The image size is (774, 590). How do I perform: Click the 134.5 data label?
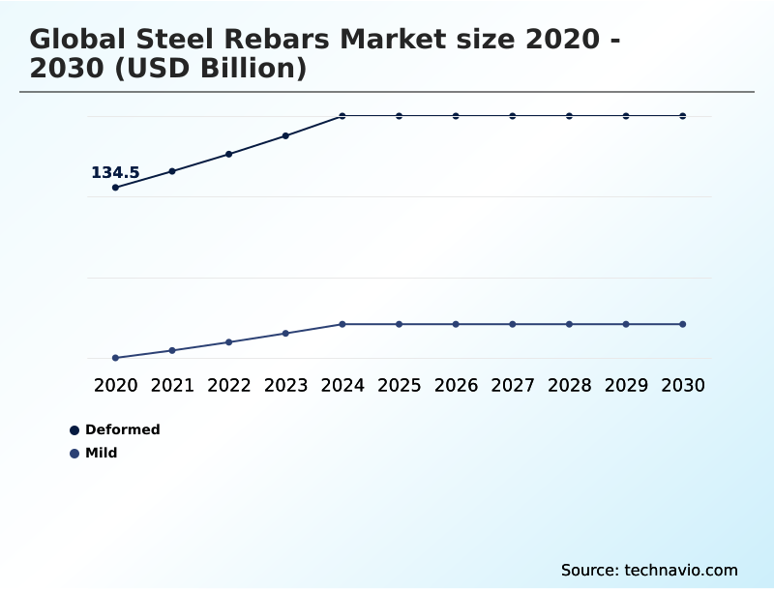115,173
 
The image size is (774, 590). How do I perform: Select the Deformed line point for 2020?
116,188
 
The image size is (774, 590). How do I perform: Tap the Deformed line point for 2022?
229,154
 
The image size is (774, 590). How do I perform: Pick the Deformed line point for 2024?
342,116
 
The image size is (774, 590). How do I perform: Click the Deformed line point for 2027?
513,116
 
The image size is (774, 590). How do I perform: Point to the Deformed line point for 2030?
683,116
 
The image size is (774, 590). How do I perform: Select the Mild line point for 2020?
116,358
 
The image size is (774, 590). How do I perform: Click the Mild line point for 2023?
285,334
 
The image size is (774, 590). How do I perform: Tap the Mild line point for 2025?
399,324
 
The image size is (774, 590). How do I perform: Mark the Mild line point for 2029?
626,324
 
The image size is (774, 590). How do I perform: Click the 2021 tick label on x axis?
172,385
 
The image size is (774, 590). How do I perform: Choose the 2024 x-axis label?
342,385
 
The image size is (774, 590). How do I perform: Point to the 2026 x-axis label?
456,385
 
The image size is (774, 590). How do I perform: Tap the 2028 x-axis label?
569,385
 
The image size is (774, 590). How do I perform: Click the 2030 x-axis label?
683,385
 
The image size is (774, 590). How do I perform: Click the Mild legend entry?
101,453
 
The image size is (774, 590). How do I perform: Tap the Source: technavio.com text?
649,570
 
